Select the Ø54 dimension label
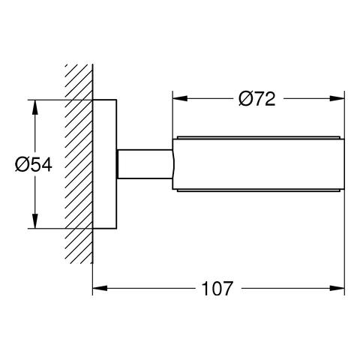(x=34, y=164)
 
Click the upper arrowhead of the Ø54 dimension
(x=34, y=103)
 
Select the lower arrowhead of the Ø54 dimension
(x=34, y=223)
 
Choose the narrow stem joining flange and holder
(x=145, y=163)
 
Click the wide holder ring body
(x=259, y=163)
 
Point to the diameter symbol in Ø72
(x=245, y=98)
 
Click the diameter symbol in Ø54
(x=22, y=164)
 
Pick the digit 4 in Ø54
(x=46, y=164)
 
